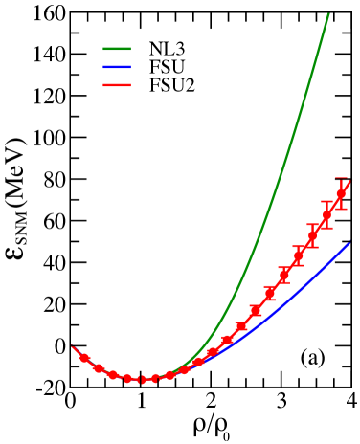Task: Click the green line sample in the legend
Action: point(117,49)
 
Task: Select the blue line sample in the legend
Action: point(117,67)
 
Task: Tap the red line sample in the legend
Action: point(117,85)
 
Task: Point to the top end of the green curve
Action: point(328,14)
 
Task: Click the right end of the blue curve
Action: point(349,244)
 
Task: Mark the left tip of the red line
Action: point(72,346)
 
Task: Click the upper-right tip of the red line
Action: point(351,180)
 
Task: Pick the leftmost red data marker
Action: point(84,358)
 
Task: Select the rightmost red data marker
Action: point(341,194)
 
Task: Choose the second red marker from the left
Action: point(98,368)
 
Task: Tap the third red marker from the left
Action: point(113,375)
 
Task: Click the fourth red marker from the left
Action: point(127,378)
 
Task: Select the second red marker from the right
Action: point(326,214)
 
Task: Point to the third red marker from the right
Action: point(312,235)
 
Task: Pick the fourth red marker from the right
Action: point(299,255)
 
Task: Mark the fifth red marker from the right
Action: point(284,274)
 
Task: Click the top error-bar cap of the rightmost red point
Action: point(341,178)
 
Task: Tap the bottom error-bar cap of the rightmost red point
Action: point(341,209)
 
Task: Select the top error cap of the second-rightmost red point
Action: point(326,201)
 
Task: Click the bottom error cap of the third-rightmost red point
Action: point(312,247)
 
